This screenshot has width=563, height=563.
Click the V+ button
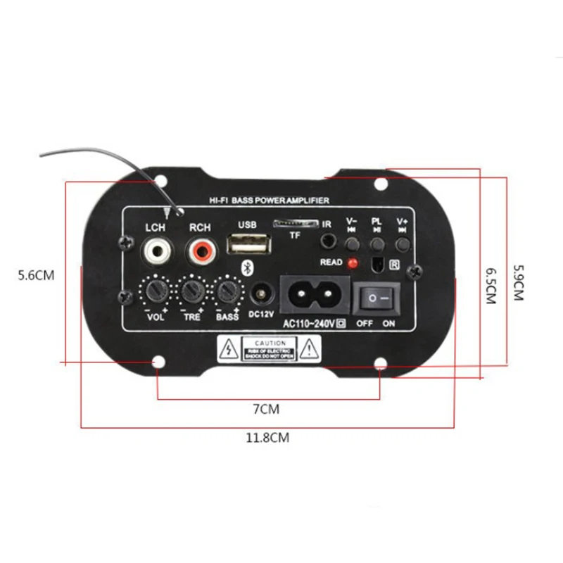pyautogui.click(x=403, y=244)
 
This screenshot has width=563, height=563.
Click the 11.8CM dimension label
pyautogui.click(x=267, y=438)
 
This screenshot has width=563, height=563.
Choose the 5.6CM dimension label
pyautogui.click(x=36, y=275)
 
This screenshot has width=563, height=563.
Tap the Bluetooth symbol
pyautogui.click(x=247, y=267)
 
